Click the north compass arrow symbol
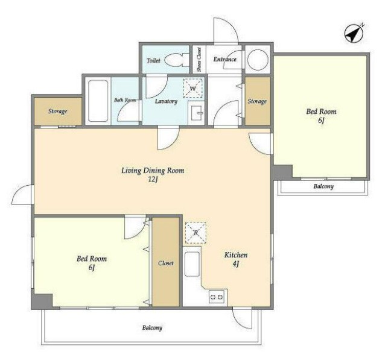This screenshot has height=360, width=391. [x=354, y=33]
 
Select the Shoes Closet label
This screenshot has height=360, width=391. [x=199, y=60]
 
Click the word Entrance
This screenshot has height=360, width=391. [x=224, y=59]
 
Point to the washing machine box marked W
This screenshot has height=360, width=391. [x=192, y=88]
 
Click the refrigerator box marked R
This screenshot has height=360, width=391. [x=195, y=233]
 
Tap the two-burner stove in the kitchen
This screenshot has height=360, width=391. [x=217, y=297]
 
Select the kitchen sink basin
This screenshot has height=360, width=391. [x=192, y=264]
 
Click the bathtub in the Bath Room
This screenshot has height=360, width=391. [x=98, y=101]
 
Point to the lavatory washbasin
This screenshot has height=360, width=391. [x=196, y=113]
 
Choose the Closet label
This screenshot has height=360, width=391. [x=165, y=263]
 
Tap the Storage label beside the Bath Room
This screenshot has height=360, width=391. [x=57, y=111]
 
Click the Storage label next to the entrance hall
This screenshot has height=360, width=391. [x=257, y=101]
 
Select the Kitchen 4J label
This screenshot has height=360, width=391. [x=236, y=259]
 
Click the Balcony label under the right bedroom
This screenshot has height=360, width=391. [x=323, y=186]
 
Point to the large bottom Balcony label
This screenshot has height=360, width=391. [x=152, y=327]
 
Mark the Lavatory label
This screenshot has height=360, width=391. [x=166, y=101]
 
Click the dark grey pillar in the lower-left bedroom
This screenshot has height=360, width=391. [x=42, y=301]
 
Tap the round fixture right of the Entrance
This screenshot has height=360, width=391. [x=258, y=60]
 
